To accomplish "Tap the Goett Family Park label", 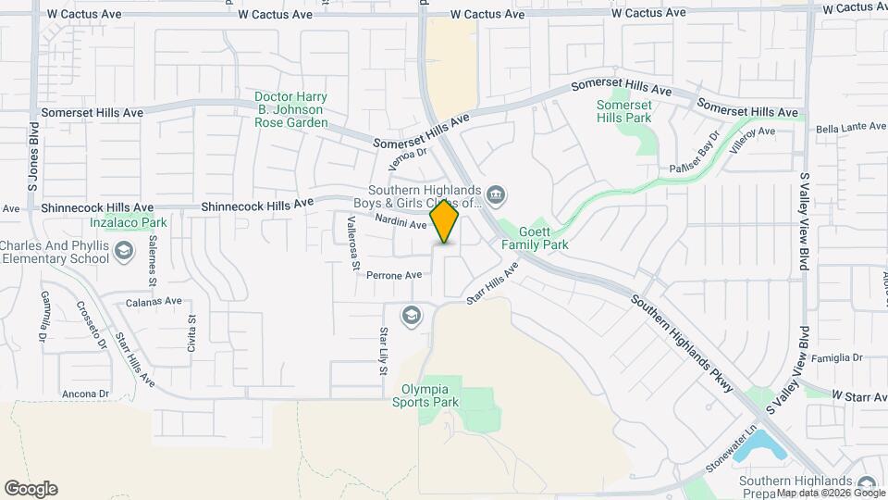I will [x=535, y=238].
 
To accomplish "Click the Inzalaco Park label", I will [x=129, y=222].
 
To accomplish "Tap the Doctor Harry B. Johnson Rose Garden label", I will [x=291, y=109].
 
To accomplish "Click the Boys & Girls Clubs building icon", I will [x=496, y=194].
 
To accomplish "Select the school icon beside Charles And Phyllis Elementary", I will [x=124, y=251].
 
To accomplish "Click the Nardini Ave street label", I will [x=401, y=223].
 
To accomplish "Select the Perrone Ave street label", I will [x=394, y=275].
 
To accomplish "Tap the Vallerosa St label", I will [x=352, y=243].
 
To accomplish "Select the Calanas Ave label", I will [x=153, y=301].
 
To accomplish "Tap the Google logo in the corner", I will [x=31, y=489].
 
